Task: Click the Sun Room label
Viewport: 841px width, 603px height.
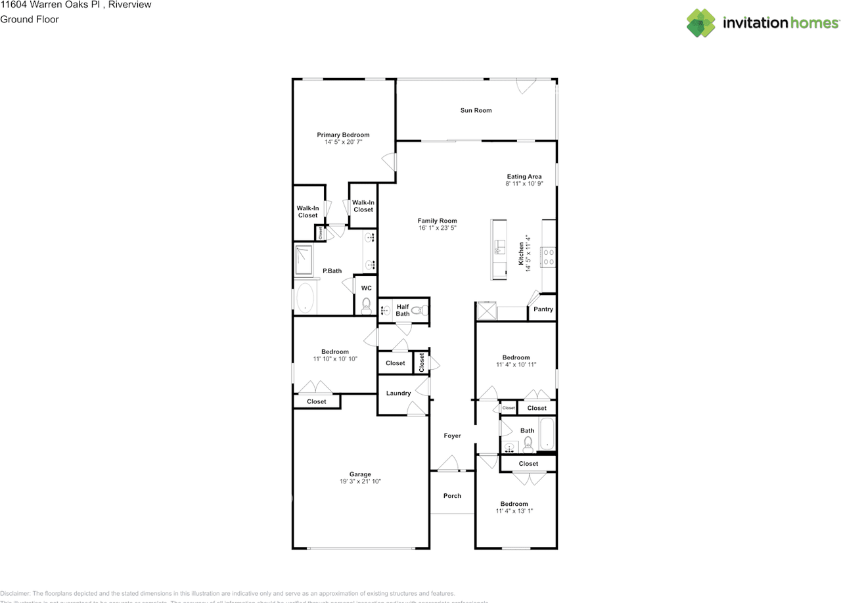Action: click(x=476, y=110)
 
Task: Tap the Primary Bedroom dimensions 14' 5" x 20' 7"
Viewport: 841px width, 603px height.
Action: click(x=343, y=142)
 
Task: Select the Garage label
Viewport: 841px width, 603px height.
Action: click(x=359, y=474)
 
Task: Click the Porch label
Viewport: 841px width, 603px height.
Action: click(x=452, y=496)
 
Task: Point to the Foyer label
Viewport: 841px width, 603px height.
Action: click(x=452, y=436)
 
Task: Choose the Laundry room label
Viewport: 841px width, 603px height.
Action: click(x=398, y=393)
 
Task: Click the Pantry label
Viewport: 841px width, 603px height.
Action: click(x=543, y=309)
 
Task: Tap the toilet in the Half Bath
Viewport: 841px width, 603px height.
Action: click(x=424, y=309)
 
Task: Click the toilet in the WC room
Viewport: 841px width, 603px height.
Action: click(x=366, y=305)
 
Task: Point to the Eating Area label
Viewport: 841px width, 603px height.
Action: click(x=524, y=177)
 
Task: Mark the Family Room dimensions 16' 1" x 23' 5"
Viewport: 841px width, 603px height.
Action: click(x=437, y=228)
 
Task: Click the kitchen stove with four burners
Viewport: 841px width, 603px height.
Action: click(x=548, y=257)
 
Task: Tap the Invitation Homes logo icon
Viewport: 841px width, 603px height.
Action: click(x=701, y=23)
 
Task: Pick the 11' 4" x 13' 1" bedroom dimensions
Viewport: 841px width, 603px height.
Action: click(x=514, y=510)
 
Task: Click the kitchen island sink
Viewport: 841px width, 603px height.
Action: click(x=499, y=247)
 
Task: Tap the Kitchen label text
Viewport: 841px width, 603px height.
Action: click(x=521, y=254)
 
